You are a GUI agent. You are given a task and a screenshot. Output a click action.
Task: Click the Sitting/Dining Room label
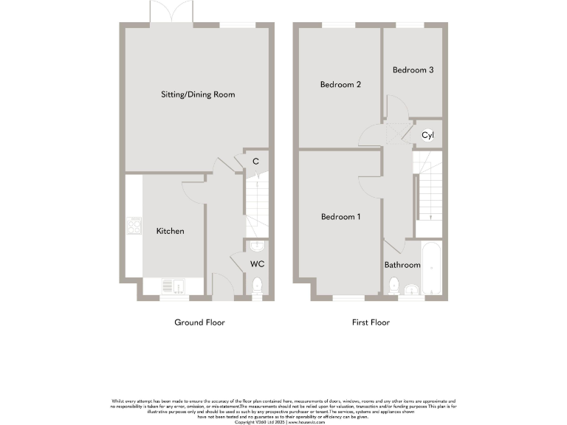point(199,94)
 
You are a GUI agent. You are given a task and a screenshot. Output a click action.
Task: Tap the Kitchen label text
point(170,231)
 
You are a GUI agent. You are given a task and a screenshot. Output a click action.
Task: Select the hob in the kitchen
point(134,225)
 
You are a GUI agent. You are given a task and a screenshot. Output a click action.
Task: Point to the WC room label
point(257,263)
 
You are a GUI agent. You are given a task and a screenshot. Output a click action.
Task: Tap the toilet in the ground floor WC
point(256,284)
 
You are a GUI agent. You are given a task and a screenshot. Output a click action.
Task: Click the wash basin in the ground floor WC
point(257,246)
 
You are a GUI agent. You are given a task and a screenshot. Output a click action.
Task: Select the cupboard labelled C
point(255,161)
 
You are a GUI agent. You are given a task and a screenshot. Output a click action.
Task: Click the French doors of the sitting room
point(172,13)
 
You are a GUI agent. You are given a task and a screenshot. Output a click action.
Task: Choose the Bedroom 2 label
point(340,85)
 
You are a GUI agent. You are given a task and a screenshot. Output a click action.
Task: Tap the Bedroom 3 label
point(413,70)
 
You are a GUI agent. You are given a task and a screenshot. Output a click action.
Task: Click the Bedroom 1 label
point(340,217)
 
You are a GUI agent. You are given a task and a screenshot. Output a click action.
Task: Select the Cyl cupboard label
point(427,135)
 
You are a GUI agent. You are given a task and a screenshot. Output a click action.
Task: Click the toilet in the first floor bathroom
point(394,285)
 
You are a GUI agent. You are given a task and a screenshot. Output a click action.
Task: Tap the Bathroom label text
point(402,265)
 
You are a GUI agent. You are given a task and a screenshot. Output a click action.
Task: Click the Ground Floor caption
point(199,322)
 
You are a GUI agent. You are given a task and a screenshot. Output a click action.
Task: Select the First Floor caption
point(371,322)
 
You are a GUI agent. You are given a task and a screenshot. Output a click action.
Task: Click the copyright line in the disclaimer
point(283,422)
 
